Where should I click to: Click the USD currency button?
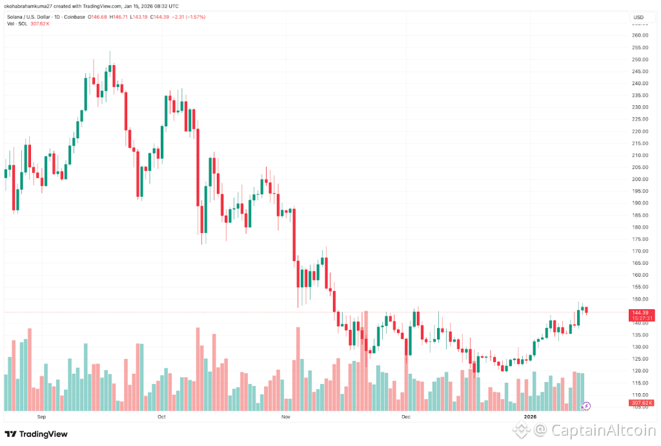(639, 17)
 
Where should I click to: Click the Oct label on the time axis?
(162, 417)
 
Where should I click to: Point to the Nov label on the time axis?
(285, 417)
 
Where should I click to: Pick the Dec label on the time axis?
(405, 417)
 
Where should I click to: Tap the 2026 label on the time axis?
(530, 417)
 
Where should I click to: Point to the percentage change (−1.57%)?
(194, 17)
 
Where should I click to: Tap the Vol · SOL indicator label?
(17, 24)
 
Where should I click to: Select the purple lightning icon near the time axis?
(585, 406)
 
